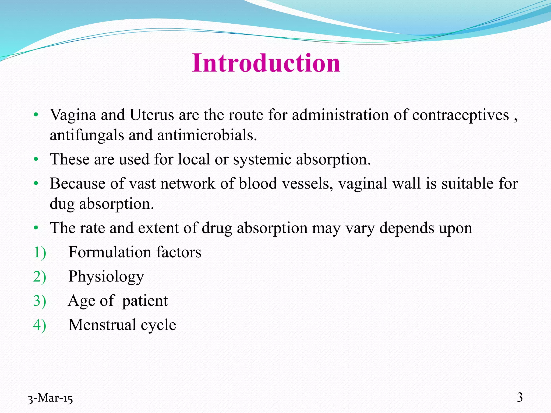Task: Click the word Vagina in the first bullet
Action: (x=73, y=115)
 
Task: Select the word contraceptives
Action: (x=460, y=115)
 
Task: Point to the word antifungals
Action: (x=87, y=135)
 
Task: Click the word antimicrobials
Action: (x=207, y=135)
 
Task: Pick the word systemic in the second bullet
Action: (x=262, y=159)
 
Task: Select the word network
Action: (x=188, y=184)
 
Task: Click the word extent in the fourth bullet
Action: (x=158, y=228)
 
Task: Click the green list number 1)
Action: (x=40, y=252)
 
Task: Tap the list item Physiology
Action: (x=106, y=277)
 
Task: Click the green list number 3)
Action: (x=40, y=301)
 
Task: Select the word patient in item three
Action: (x=145, y=301)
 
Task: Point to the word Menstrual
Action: (x=102, y=325)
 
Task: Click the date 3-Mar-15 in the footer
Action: (x=50, y=398)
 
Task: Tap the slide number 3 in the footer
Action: (x=520, y=397)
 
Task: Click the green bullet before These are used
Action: (x=36, y=159)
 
